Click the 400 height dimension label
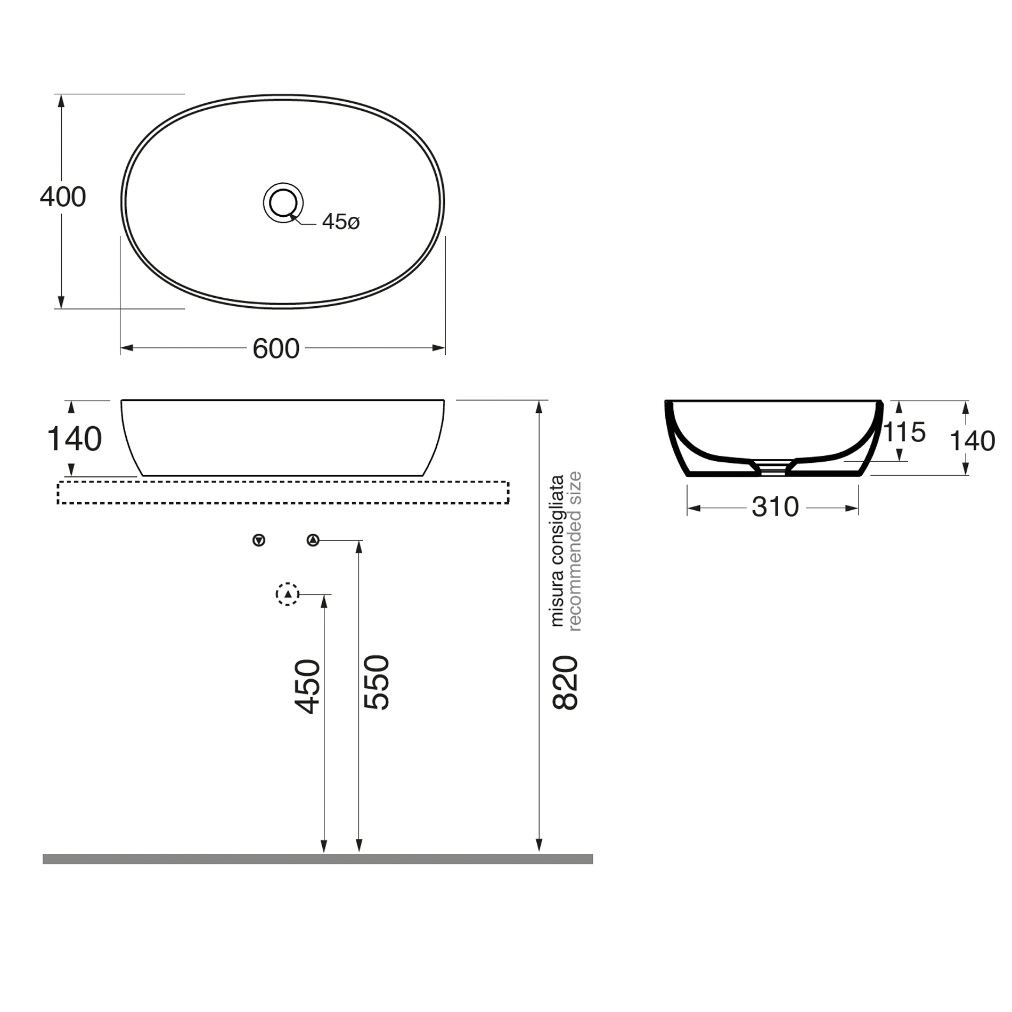[x=63, y=197]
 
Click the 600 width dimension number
[x=276, y=349]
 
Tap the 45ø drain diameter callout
[x=341, y=222]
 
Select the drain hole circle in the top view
[x=283, y=202]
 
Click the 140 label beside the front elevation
[x=74, y=439]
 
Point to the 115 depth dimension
[x=905, y=432]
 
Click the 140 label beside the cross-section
[x=972, y=441]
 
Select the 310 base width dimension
[x=775, y=507]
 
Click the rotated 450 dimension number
[x=308, y=687]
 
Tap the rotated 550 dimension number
[x=377, y=682]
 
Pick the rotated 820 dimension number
[x=565, y=683]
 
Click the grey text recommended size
[x=575, y=551]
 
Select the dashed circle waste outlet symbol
[x=288, y=594]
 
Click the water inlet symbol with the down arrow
[x=259, y=541]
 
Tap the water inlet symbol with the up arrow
[x=313, y=541]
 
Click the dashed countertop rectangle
[x=283, y=493]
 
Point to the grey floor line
[x=317, y=859]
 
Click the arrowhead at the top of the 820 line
[x=539, y=407]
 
